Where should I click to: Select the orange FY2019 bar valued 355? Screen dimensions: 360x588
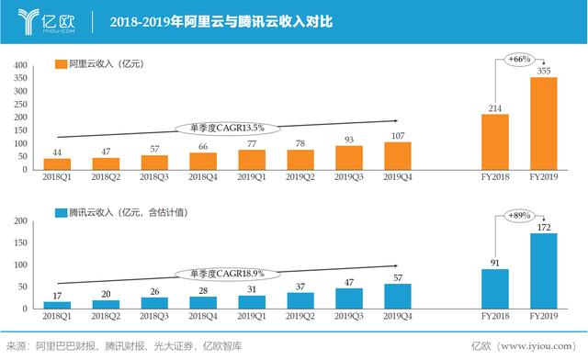(543, 123)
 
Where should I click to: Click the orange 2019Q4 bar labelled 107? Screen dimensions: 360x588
(397, 155)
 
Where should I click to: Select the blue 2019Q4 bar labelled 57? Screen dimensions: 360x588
(397, 295)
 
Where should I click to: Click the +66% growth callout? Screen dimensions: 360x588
(519, 59)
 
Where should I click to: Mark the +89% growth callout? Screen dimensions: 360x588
(519, 215)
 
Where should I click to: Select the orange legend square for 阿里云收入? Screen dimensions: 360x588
(61, 64)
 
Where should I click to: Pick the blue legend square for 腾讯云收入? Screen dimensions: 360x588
(61, 212)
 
